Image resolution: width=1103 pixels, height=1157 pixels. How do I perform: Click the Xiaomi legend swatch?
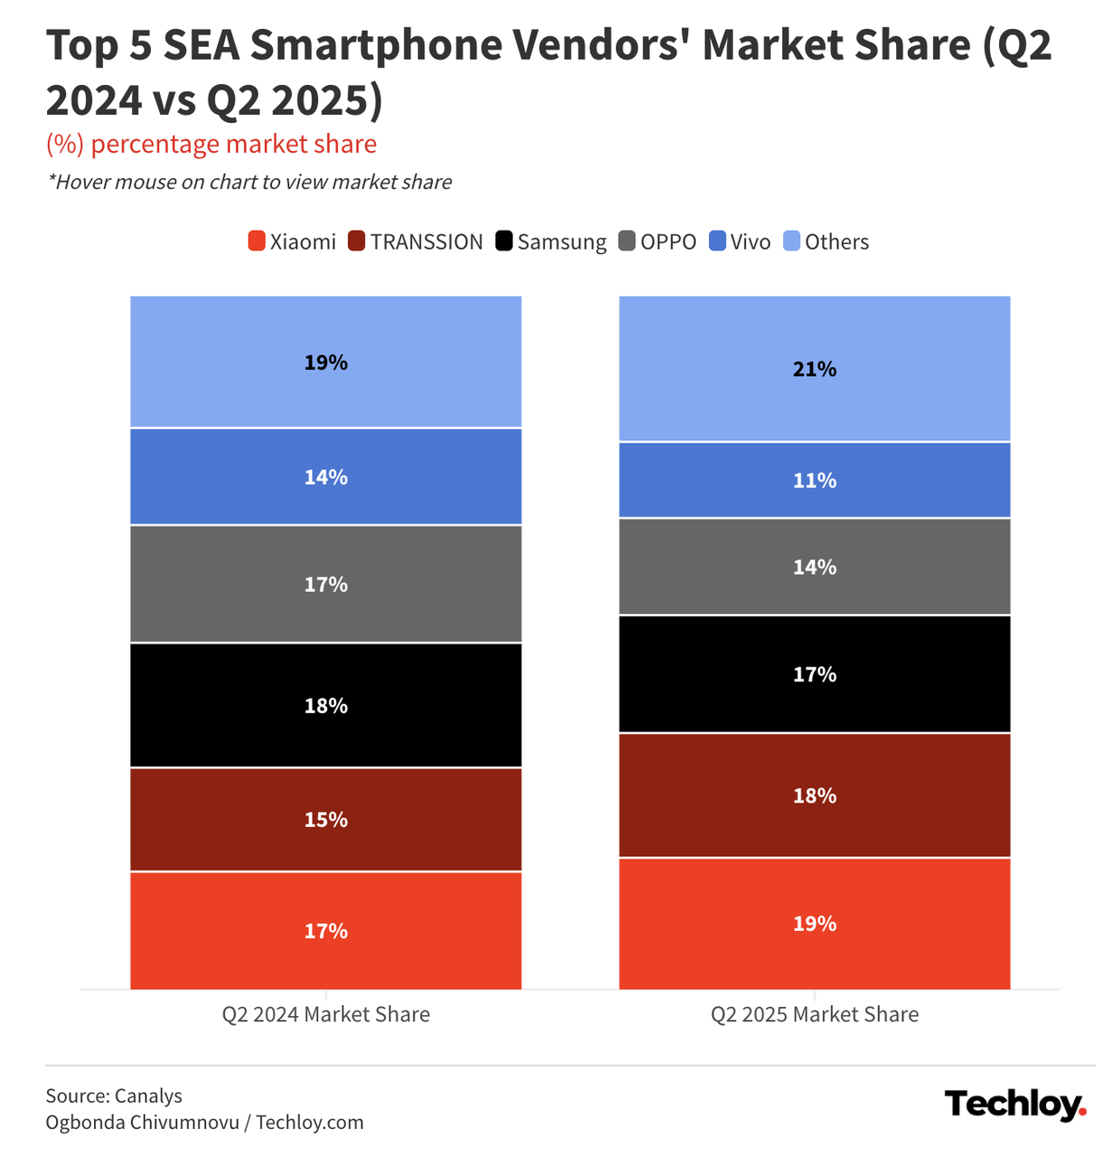(257, 242)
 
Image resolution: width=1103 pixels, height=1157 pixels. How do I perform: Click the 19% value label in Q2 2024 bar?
(326, 362)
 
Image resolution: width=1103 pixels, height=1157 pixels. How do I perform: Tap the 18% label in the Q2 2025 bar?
(814, 795)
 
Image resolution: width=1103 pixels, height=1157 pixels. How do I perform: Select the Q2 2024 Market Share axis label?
(326, 1014)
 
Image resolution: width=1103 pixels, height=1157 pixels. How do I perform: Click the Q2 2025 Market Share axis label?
(814, 1014)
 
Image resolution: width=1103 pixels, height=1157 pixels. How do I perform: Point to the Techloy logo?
(1014, 1105)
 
